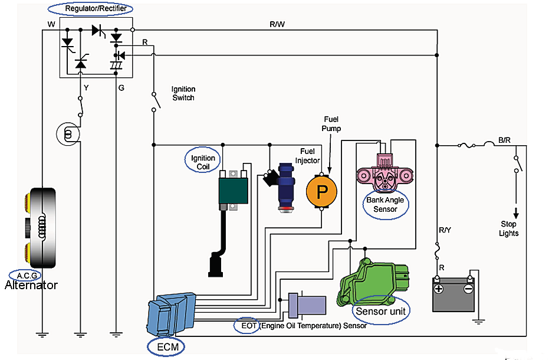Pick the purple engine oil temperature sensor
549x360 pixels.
tap(307, 305)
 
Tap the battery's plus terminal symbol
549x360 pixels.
tap(438, 289)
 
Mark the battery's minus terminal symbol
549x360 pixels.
tap(468, 289)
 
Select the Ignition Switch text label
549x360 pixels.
tap(183, 93)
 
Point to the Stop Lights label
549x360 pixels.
tap(508, 228)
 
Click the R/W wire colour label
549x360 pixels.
tap(278, 24)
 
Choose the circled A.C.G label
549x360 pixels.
tap(25, 275)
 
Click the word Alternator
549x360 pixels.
tap(31, 286)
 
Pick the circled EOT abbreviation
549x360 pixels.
tap(246, 325)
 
